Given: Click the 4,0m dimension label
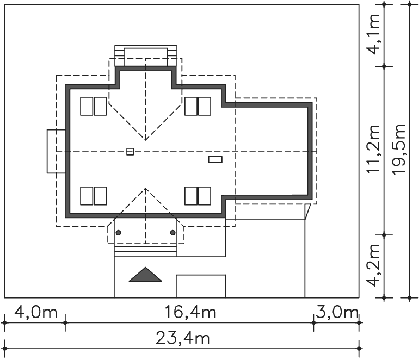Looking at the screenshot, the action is (35, 312).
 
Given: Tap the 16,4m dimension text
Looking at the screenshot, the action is (190, 312).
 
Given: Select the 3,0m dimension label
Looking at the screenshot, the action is (337, 312).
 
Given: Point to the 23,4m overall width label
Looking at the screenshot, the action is (182, 338).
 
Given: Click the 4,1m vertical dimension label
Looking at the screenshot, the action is (373, 34).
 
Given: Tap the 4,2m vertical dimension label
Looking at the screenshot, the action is (373, 265).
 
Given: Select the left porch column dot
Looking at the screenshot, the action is (119, 233).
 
